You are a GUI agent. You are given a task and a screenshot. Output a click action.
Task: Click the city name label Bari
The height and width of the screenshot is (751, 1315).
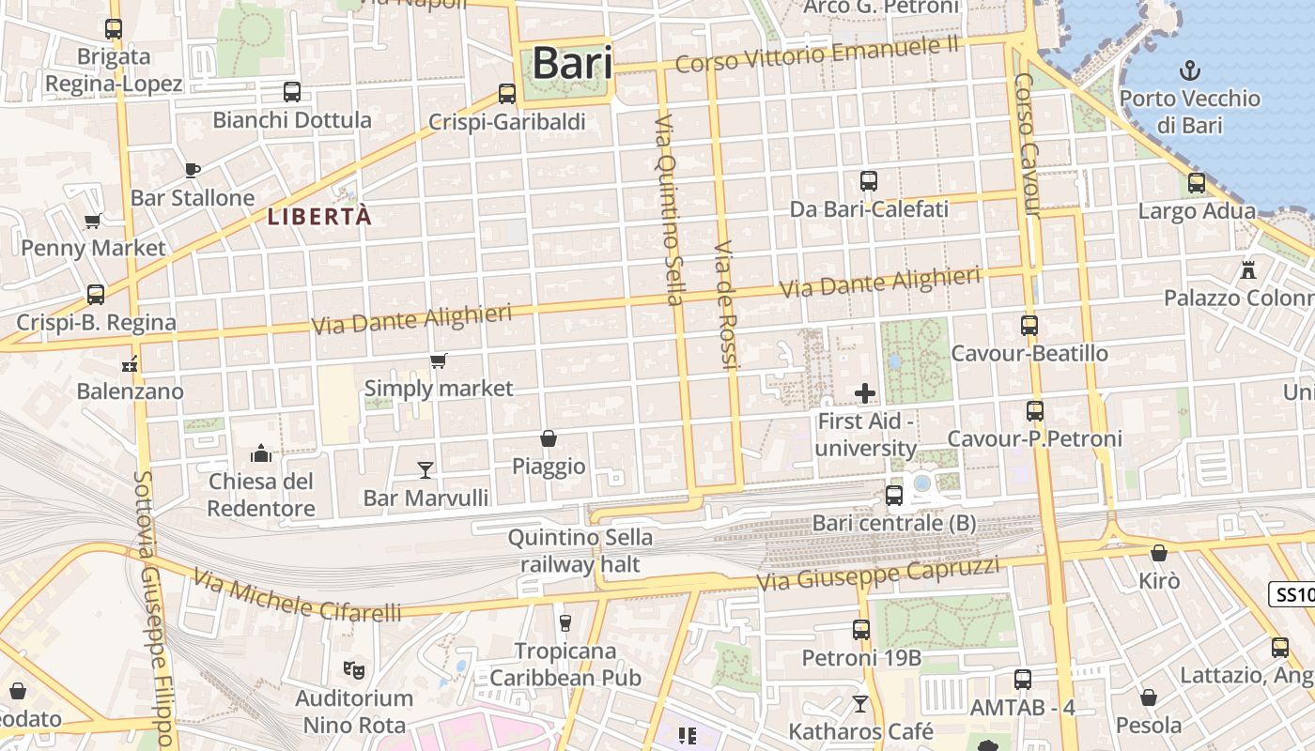572,64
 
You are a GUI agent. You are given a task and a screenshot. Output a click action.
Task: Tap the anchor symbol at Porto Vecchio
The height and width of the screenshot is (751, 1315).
1190,70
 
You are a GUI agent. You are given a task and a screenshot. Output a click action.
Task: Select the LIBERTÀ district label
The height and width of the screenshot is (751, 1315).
320,217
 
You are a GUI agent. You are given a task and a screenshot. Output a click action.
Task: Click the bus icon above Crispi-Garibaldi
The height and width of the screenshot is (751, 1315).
507,94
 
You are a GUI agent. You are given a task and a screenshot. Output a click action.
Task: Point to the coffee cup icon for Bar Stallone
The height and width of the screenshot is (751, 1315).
193,170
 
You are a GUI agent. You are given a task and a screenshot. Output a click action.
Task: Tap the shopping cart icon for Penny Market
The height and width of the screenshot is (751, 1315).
93,222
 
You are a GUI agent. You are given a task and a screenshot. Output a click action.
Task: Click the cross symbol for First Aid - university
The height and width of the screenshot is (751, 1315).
865,393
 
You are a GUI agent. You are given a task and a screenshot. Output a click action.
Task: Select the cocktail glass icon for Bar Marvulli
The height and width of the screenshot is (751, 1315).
425,469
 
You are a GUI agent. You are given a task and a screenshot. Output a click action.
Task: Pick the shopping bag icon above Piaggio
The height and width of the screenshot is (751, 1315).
549,438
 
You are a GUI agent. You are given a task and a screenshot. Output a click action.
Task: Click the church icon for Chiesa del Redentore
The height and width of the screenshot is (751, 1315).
261,454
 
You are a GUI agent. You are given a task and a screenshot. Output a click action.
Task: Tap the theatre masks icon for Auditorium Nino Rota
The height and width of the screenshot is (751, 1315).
354,669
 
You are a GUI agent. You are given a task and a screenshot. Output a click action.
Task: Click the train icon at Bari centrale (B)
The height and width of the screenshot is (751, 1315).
894,495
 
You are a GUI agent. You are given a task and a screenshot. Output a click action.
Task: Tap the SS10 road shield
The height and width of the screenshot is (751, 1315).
1293,594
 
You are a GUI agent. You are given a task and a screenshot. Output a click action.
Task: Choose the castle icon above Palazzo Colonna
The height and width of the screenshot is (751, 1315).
1248,269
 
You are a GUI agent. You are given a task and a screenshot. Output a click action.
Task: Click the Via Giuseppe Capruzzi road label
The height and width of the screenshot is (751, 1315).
878,575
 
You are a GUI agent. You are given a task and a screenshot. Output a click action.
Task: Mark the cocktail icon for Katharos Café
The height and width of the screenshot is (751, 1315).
860,703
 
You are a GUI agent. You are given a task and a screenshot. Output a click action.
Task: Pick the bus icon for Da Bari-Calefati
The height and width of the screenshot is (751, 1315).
869,181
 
